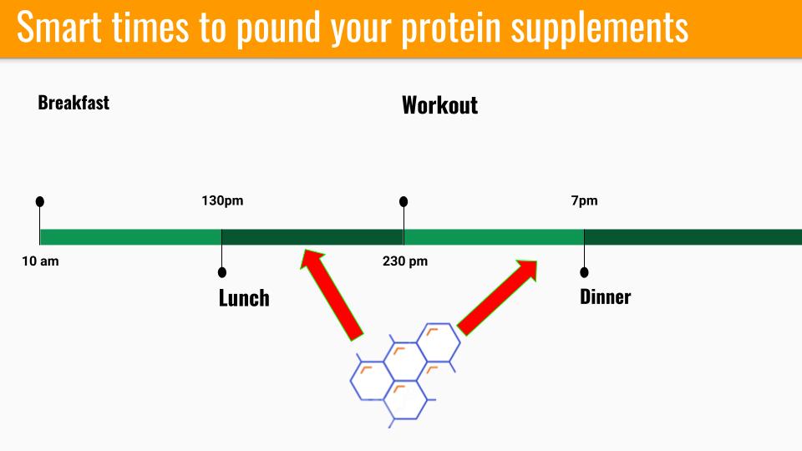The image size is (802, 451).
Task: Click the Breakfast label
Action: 74,103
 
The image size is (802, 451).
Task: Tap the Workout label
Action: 440,105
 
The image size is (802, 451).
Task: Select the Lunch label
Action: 244,298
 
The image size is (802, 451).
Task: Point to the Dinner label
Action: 605,296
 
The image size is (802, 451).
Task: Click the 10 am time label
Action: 40,261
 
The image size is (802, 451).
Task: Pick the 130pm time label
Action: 222,200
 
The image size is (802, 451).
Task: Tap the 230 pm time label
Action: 405,261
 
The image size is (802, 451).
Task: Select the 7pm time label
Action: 584,200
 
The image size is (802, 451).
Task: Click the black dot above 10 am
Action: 40,201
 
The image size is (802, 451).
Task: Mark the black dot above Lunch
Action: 222,272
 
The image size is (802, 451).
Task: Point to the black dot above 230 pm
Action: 404,201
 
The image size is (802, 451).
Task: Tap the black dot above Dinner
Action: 584,272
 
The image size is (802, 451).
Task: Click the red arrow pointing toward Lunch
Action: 332,294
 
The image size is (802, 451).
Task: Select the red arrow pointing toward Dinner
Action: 497,297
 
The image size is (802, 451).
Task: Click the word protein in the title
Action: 450,28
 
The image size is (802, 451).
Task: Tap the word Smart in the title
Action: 59,27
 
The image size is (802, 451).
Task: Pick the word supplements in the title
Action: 600,29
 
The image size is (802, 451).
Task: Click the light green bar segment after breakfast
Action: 131,237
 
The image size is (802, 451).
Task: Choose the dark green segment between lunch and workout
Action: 312,237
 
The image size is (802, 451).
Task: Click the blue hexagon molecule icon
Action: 405,375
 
